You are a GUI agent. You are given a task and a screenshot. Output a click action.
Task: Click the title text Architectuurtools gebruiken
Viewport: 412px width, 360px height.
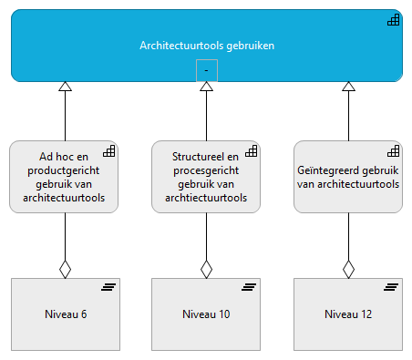click(207, 45)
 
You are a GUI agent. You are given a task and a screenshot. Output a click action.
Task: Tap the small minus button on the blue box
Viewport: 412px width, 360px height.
click(207, 70)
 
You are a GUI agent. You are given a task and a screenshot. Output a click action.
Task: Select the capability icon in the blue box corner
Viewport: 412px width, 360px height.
click(393, 20)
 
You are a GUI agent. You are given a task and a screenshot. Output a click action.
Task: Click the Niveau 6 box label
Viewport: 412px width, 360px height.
click(66, 314)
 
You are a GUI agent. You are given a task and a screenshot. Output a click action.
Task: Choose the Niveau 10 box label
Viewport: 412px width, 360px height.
click(207, 314)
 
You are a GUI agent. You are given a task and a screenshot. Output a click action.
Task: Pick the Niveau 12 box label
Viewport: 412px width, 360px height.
click(347, 314)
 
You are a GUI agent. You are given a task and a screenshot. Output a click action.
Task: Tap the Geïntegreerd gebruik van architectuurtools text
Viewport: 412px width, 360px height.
click(347, 176)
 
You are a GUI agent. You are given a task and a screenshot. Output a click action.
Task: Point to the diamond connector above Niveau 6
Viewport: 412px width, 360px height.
click(66, 269)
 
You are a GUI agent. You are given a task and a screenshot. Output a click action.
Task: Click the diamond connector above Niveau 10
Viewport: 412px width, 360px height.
click(207, 269)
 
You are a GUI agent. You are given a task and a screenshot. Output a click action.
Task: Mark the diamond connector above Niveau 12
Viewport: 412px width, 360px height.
click(347, 269)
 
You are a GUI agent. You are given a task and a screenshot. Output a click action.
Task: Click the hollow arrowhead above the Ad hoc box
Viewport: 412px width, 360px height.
click(66, 87)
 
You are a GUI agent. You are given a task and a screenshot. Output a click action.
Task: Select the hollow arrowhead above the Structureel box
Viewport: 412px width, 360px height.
click(207, 87)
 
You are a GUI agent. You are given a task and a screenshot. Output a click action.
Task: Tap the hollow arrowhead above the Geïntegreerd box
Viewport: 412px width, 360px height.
click(347, 87)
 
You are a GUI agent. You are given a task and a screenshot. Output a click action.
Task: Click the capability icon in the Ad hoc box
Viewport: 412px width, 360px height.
click(108, 150)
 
